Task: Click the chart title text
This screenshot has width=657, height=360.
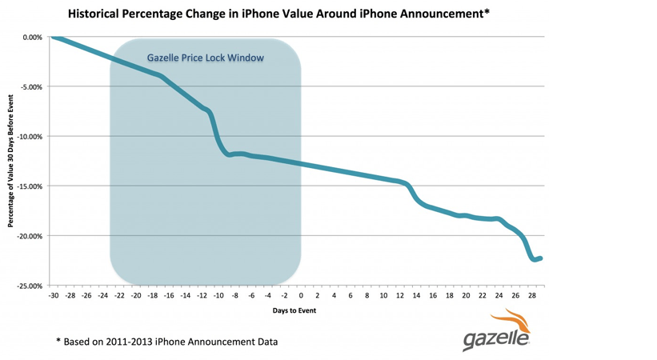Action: pos(278,14)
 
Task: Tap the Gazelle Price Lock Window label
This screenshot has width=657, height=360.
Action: pos(206,58)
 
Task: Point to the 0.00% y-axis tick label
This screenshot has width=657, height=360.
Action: pos(33,38)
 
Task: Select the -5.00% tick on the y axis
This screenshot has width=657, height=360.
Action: pos(32,87)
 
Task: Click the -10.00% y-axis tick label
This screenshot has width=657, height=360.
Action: pos(30,137)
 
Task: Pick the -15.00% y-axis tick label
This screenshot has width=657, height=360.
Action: pos(30,186)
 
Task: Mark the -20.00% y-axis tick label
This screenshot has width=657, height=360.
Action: pos(30,236)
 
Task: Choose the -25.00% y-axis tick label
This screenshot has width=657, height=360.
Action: pos(30,286)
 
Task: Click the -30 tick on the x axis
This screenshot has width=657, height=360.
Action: pos(53,295)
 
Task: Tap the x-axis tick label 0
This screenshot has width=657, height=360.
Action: pos(301,295)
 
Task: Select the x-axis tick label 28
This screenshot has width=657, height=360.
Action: pos(532,295)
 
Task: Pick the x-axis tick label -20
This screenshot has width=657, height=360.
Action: pos(136,295)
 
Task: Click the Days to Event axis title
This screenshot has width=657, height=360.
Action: pos(294,310)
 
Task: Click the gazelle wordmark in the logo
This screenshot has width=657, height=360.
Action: pos(495,338)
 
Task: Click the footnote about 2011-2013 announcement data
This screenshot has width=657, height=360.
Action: pos(167,342)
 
